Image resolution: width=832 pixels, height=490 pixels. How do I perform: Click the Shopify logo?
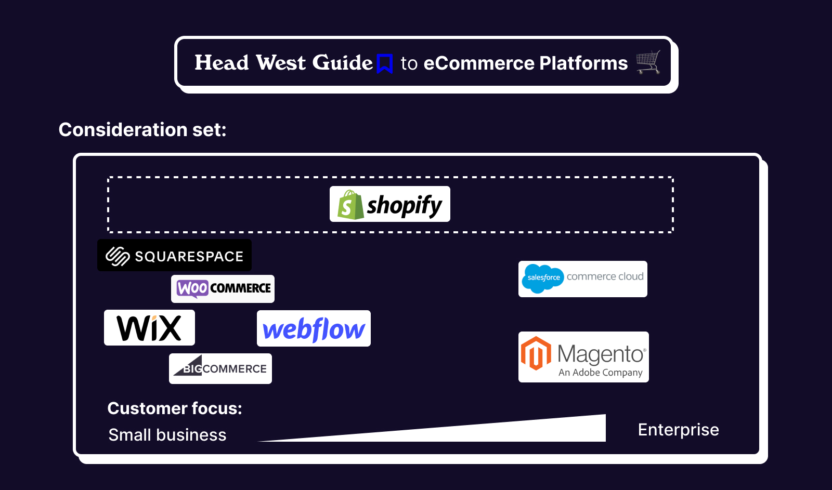389,204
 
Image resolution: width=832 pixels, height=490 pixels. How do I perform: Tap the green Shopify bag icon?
350,205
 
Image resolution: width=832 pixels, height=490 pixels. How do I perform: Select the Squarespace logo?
174,256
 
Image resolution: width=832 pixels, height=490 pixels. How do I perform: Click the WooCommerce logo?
223,288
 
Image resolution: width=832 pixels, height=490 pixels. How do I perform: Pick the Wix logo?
149,328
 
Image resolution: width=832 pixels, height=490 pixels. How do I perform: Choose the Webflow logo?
314,329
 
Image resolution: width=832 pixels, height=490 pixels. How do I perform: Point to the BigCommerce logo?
220,368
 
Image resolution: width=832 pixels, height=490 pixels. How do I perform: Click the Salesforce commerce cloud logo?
582,279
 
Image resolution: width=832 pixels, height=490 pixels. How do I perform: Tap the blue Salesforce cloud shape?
543,278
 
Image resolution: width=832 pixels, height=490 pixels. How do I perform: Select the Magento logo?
583,357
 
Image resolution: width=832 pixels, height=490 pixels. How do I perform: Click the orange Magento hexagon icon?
536,353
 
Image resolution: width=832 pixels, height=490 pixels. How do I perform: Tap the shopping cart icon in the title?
648,62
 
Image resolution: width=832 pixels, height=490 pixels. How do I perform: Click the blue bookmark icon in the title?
385,63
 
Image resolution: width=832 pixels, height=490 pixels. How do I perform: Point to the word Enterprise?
678,430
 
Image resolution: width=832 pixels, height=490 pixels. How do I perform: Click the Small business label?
167,435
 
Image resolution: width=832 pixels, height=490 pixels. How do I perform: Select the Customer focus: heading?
175,408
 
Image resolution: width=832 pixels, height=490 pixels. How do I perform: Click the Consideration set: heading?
142,129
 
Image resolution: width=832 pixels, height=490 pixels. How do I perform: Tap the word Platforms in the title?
583,63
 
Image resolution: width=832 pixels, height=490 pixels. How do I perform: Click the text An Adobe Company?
601,373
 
